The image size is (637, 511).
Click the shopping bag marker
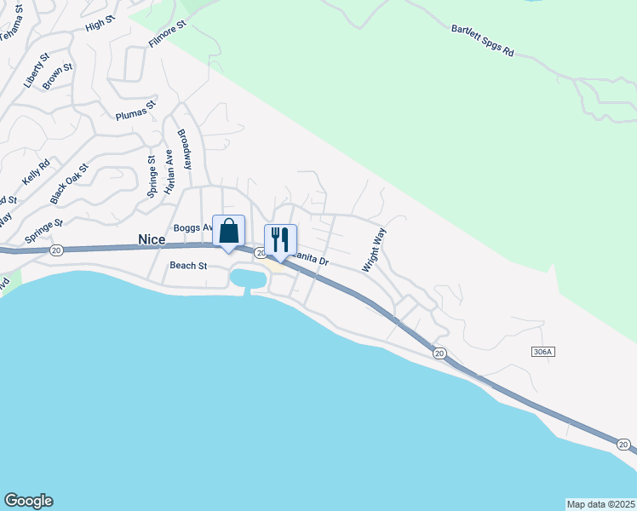click(x=228, y=231)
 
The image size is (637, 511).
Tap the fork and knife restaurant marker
click(x=280, y=240)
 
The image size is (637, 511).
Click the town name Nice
click(x=152, y=241)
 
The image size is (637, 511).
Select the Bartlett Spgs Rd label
click(x=483, y=40)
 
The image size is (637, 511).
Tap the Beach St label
click(x=188, y=266)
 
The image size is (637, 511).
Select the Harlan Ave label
click(x=169, y=171)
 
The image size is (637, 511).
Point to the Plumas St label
click(x=136, y=111)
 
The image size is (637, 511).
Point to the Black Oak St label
click(x=69, y=184)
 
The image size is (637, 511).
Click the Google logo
click(x=28, y=501)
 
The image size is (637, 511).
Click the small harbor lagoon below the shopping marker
click(x=247, y=277)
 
